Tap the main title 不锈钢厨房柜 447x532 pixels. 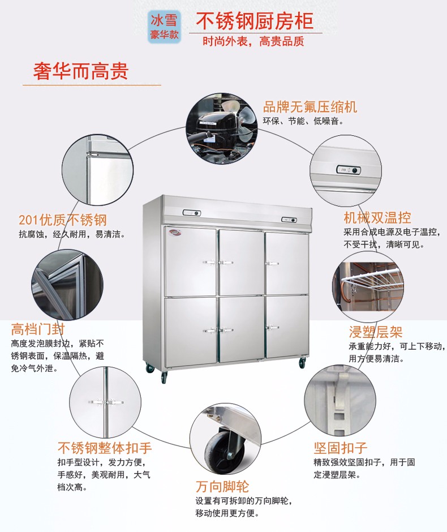pyautogui.click(x=254, y=21)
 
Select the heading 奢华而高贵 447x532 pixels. pyautogui.click(x=81, y=71)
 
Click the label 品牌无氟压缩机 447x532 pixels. pyautogui.click(x=310, y=107)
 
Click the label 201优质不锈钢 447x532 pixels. pyautogui.click(x=63, y=220)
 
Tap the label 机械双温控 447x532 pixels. pyautogui.click(x=377, y=217)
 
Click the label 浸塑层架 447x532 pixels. pyautogui.click(x=376, y=332)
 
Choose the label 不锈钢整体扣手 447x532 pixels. pyautogui.click(x=105, y=448)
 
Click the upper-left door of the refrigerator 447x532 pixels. pyautogui.click(x=190, y=261)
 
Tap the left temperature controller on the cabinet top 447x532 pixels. pyautogui.click(x=191, y=213)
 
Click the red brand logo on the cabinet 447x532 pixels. pyautogui.click(x=172, y=232)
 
